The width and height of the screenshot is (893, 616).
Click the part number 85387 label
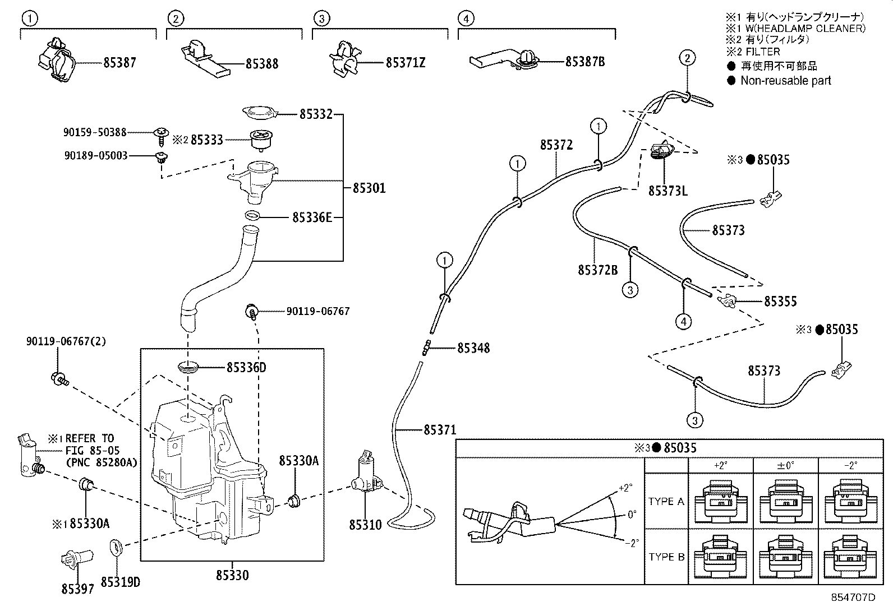point(119,63)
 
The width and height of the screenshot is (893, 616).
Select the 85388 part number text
point(262,64)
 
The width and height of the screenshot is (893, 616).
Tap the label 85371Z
point(406,63)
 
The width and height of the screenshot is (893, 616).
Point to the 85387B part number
point(585,61)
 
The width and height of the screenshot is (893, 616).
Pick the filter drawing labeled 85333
point(261,141)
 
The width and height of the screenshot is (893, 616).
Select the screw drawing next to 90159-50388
point(161,136)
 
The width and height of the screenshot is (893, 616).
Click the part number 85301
point(369,188)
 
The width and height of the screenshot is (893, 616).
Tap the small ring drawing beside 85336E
point(252,216)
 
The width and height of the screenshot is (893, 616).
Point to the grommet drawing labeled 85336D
point(188,367)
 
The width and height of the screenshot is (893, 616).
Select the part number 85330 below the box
point(232,575)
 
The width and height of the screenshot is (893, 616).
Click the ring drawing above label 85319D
point(116,548)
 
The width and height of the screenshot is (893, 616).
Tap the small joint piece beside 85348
point(426,348)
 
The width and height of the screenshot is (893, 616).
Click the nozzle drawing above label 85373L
point(662,151)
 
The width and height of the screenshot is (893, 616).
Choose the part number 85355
point(780,302)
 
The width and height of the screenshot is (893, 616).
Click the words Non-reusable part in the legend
point(786,81)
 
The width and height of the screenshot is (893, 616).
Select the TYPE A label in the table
point(666,501)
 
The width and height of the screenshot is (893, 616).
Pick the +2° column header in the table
point(720,465)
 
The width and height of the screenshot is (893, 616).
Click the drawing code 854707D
point(853,598)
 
